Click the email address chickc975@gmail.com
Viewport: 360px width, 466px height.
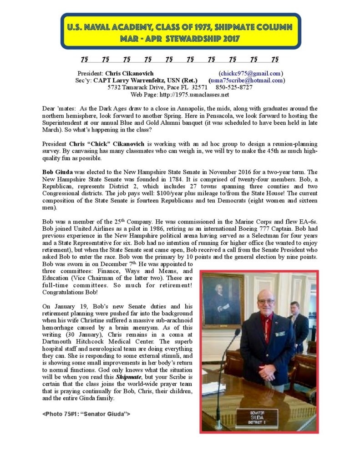coord(251,73)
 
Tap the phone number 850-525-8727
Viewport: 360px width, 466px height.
coord(234,87)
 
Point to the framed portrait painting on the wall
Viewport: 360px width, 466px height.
coord(223,299)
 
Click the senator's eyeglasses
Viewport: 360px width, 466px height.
coord(266,302)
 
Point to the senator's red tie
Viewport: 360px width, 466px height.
coord(269,323)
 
